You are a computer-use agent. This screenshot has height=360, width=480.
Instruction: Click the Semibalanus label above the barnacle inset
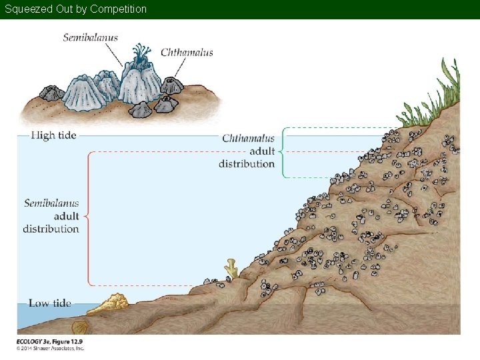click(90, 37)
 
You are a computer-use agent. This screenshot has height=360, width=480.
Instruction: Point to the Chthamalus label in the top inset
click(187, 52)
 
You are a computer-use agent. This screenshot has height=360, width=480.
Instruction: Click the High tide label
click(54, 135)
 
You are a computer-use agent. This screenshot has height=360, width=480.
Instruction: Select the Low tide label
click(51, 303)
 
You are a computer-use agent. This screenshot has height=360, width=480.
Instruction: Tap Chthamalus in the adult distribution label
click(248, 139)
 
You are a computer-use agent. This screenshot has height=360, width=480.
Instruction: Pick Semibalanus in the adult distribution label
click(51, 203)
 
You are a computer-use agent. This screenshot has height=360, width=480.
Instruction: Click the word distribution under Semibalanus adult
click(51, 229)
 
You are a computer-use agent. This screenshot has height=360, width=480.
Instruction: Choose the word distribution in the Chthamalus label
click(247, 164)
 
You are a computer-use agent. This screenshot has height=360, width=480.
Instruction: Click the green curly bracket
click(283, 151)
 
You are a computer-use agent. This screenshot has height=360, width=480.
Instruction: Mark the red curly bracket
click(89, 217)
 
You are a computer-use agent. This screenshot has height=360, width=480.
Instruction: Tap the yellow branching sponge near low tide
click(231, 267)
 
